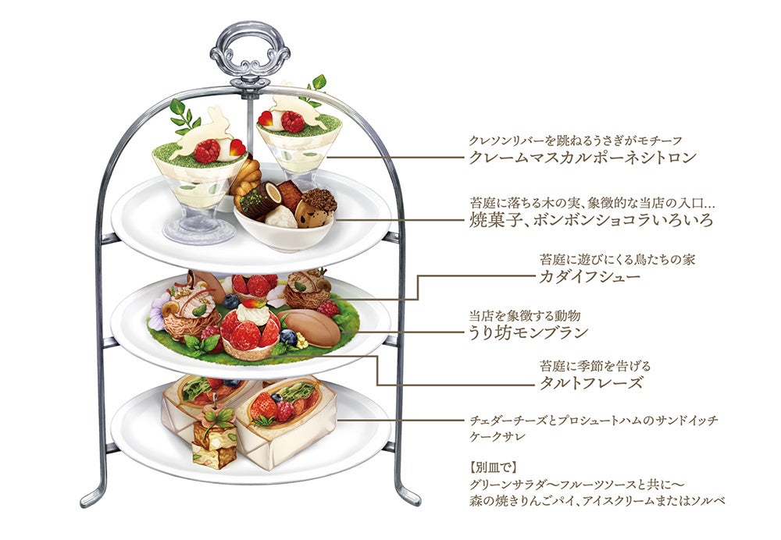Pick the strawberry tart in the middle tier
coord(248,329)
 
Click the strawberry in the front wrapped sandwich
coord(266,407)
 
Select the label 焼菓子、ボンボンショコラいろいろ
coord(591,219)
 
